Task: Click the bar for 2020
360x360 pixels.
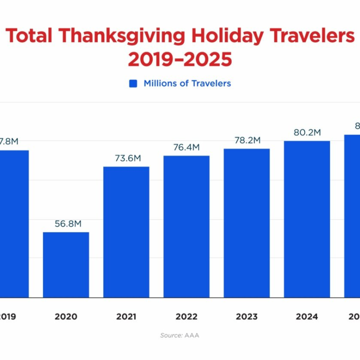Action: [66, 265]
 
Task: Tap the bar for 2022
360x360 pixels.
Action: [186, 227]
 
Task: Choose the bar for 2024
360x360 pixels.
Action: [307, 219]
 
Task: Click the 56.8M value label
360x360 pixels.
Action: [66, 224]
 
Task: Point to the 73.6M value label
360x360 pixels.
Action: [126, 158]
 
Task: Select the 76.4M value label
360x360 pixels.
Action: [186, 147]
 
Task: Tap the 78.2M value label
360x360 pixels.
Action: [246, 140]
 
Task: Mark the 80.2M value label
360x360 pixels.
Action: [307, 132]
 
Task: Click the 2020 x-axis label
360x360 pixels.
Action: [66, 317]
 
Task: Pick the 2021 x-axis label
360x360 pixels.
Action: [126, 317]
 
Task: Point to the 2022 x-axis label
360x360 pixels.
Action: [186, 317]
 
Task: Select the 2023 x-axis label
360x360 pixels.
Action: [246, 317]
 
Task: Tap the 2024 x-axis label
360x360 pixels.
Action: [307, 317]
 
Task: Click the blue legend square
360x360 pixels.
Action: [133, 84]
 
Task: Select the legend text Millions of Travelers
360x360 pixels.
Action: [187, 84]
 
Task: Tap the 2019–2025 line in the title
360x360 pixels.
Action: [180, 60]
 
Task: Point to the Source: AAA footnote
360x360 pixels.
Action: [180, 336]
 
